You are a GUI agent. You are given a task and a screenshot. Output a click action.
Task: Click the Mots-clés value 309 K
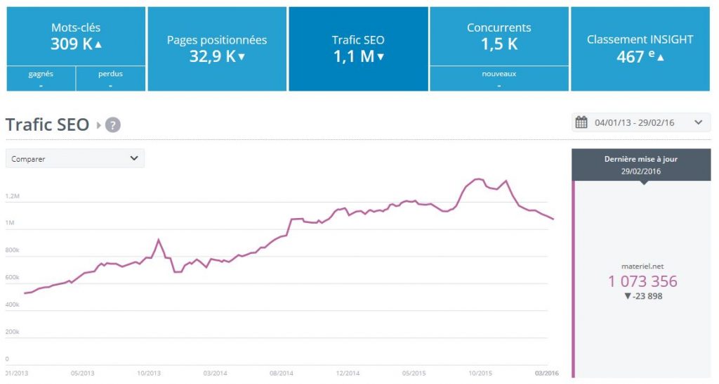coord(70,44)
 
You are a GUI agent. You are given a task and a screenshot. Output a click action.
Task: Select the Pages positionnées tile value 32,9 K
coord(212,57)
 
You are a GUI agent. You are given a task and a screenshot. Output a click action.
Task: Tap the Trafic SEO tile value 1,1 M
coord(354,57)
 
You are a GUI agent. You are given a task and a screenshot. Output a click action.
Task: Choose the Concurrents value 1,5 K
coord(499,44)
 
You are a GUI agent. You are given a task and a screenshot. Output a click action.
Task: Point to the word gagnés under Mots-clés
coord(41,73)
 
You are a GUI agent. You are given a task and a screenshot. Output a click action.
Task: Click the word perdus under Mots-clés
coord(111,73)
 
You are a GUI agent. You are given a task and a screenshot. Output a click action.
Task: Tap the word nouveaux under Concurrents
coord(499,73)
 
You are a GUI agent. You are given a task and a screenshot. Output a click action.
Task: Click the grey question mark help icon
coord(113,125)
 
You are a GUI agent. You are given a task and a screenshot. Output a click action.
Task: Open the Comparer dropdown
coord(75,158)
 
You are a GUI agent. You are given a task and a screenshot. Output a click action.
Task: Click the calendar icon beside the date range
coord(581,122)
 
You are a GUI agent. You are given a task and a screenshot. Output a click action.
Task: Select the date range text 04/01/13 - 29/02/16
coord(634,122)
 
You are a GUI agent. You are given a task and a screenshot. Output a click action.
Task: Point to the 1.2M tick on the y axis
coord(12,196)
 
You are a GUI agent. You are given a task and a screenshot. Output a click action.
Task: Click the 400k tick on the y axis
coord(12,305)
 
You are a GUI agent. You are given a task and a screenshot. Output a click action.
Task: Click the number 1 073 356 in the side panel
coord(642,281)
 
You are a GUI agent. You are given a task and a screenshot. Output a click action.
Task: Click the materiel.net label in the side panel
coord(642,266)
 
